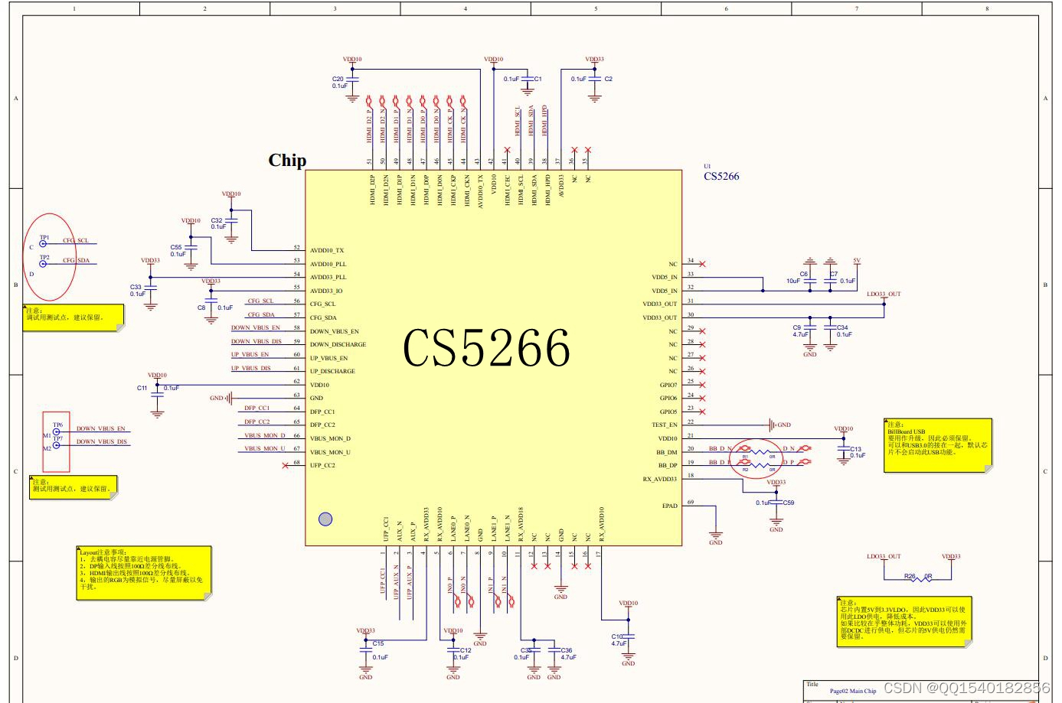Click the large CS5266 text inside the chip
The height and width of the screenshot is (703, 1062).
(x=486, y=349)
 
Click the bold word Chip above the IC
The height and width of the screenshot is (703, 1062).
(x=287, y=160)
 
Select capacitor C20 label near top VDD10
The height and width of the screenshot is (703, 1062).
(x=337, y=79)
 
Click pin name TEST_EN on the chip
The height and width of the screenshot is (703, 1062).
(x=664, y=425)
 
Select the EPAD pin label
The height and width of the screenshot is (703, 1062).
(x=669, y=506)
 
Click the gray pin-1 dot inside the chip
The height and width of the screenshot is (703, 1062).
(x=325, y=519)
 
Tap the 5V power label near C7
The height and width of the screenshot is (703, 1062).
(x=857, y=261)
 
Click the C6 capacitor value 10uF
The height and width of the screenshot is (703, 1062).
(x=792, y=281)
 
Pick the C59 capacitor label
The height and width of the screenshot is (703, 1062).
(x=788, y=503)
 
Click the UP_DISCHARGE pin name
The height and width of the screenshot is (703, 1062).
(x=332, y=371)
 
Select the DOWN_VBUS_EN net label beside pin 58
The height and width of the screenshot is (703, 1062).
(x=255, y=327)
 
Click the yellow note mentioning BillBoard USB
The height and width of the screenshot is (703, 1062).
(x=938, y=444)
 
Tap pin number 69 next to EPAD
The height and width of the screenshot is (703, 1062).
(x=691, y=503)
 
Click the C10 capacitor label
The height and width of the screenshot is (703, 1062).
(x=617, y=636)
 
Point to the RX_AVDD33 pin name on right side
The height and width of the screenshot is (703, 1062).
(x=659, y=479)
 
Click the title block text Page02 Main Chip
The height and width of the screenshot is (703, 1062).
(x=852, y=691)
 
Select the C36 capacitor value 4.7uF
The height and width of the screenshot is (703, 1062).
(x=568, y=657)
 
